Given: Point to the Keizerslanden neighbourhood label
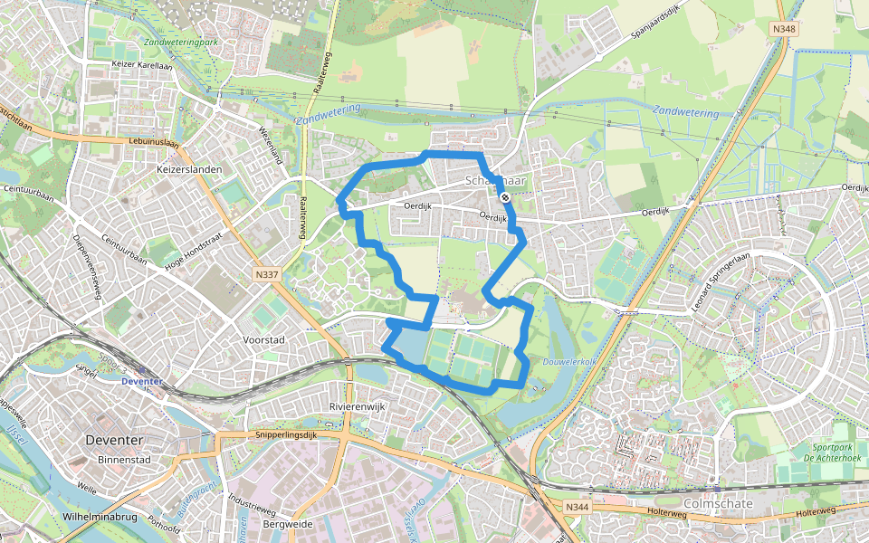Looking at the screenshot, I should pos(189,169).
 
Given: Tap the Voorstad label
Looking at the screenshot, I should pos(264,339).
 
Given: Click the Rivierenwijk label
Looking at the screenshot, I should pos(358,406).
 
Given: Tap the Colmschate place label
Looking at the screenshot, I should pos(715,504).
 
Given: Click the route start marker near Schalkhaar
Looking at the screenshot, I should pos(504,195).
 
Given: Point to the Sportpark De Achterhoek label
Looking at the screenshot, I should pos(820,452).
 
